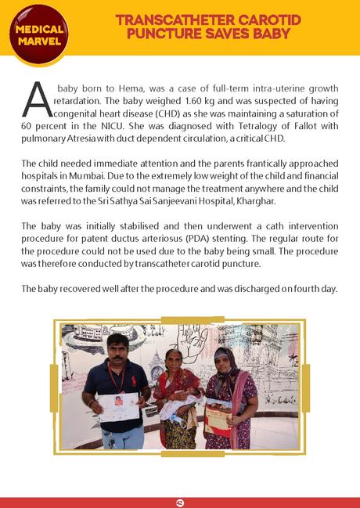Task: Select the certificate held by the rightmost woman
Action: click(218, 414)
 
